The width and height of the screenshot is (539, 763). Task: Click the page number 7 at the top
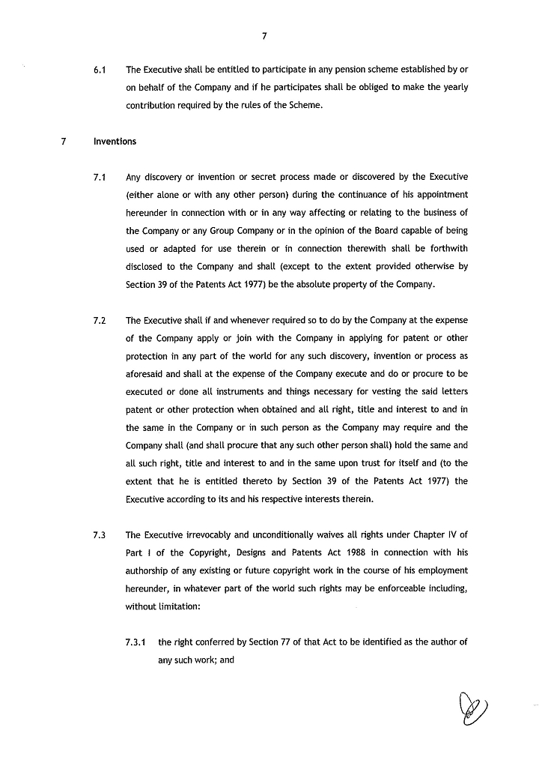(265, 35)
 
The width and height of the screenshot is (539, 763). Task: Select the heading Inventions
(115, 141)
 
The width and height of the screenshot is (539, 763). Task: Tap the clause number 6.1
(99, 70)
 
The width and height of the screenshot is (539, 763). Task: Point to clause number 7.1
(99, 178)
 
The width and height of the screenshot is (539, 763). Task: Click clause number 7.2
(99, 320)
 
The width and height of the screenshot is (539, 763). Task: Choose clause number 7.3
(99, 535)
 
